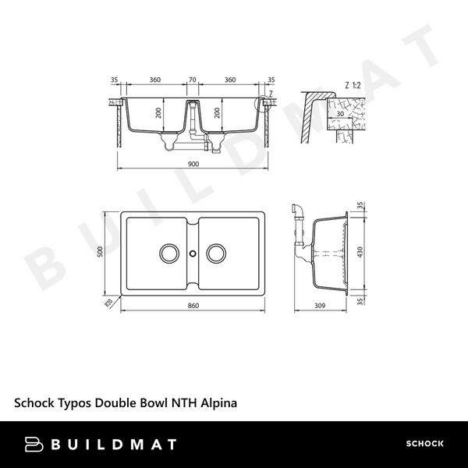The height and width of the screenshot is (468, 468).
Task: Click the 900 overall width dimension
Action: click(193, 164)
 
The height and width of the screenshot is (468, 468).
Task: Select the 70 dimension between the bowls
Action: click(193, 80)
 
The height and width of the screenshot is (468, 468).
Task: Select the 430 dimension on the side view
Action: click(361, 253)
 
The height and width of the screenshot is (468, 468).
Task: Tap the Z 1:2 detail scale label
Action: click(353, 84)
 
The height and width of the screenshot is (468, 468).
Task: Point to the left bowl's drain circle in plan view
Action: click(168, 253)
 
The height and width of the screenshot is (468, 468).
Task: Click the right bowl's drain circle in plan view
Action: click(218, 253)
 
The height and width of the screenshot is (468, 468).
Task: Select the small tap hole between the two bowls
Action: click(193, 253)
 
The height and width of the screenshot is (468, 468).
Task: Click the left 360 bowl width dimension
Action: click(154, 80)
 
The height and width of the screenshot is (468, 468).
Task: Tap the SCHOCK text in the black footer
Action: click(424, 444)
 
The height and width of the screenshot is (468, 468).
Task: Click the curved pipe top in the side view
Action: click(296, 207)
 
